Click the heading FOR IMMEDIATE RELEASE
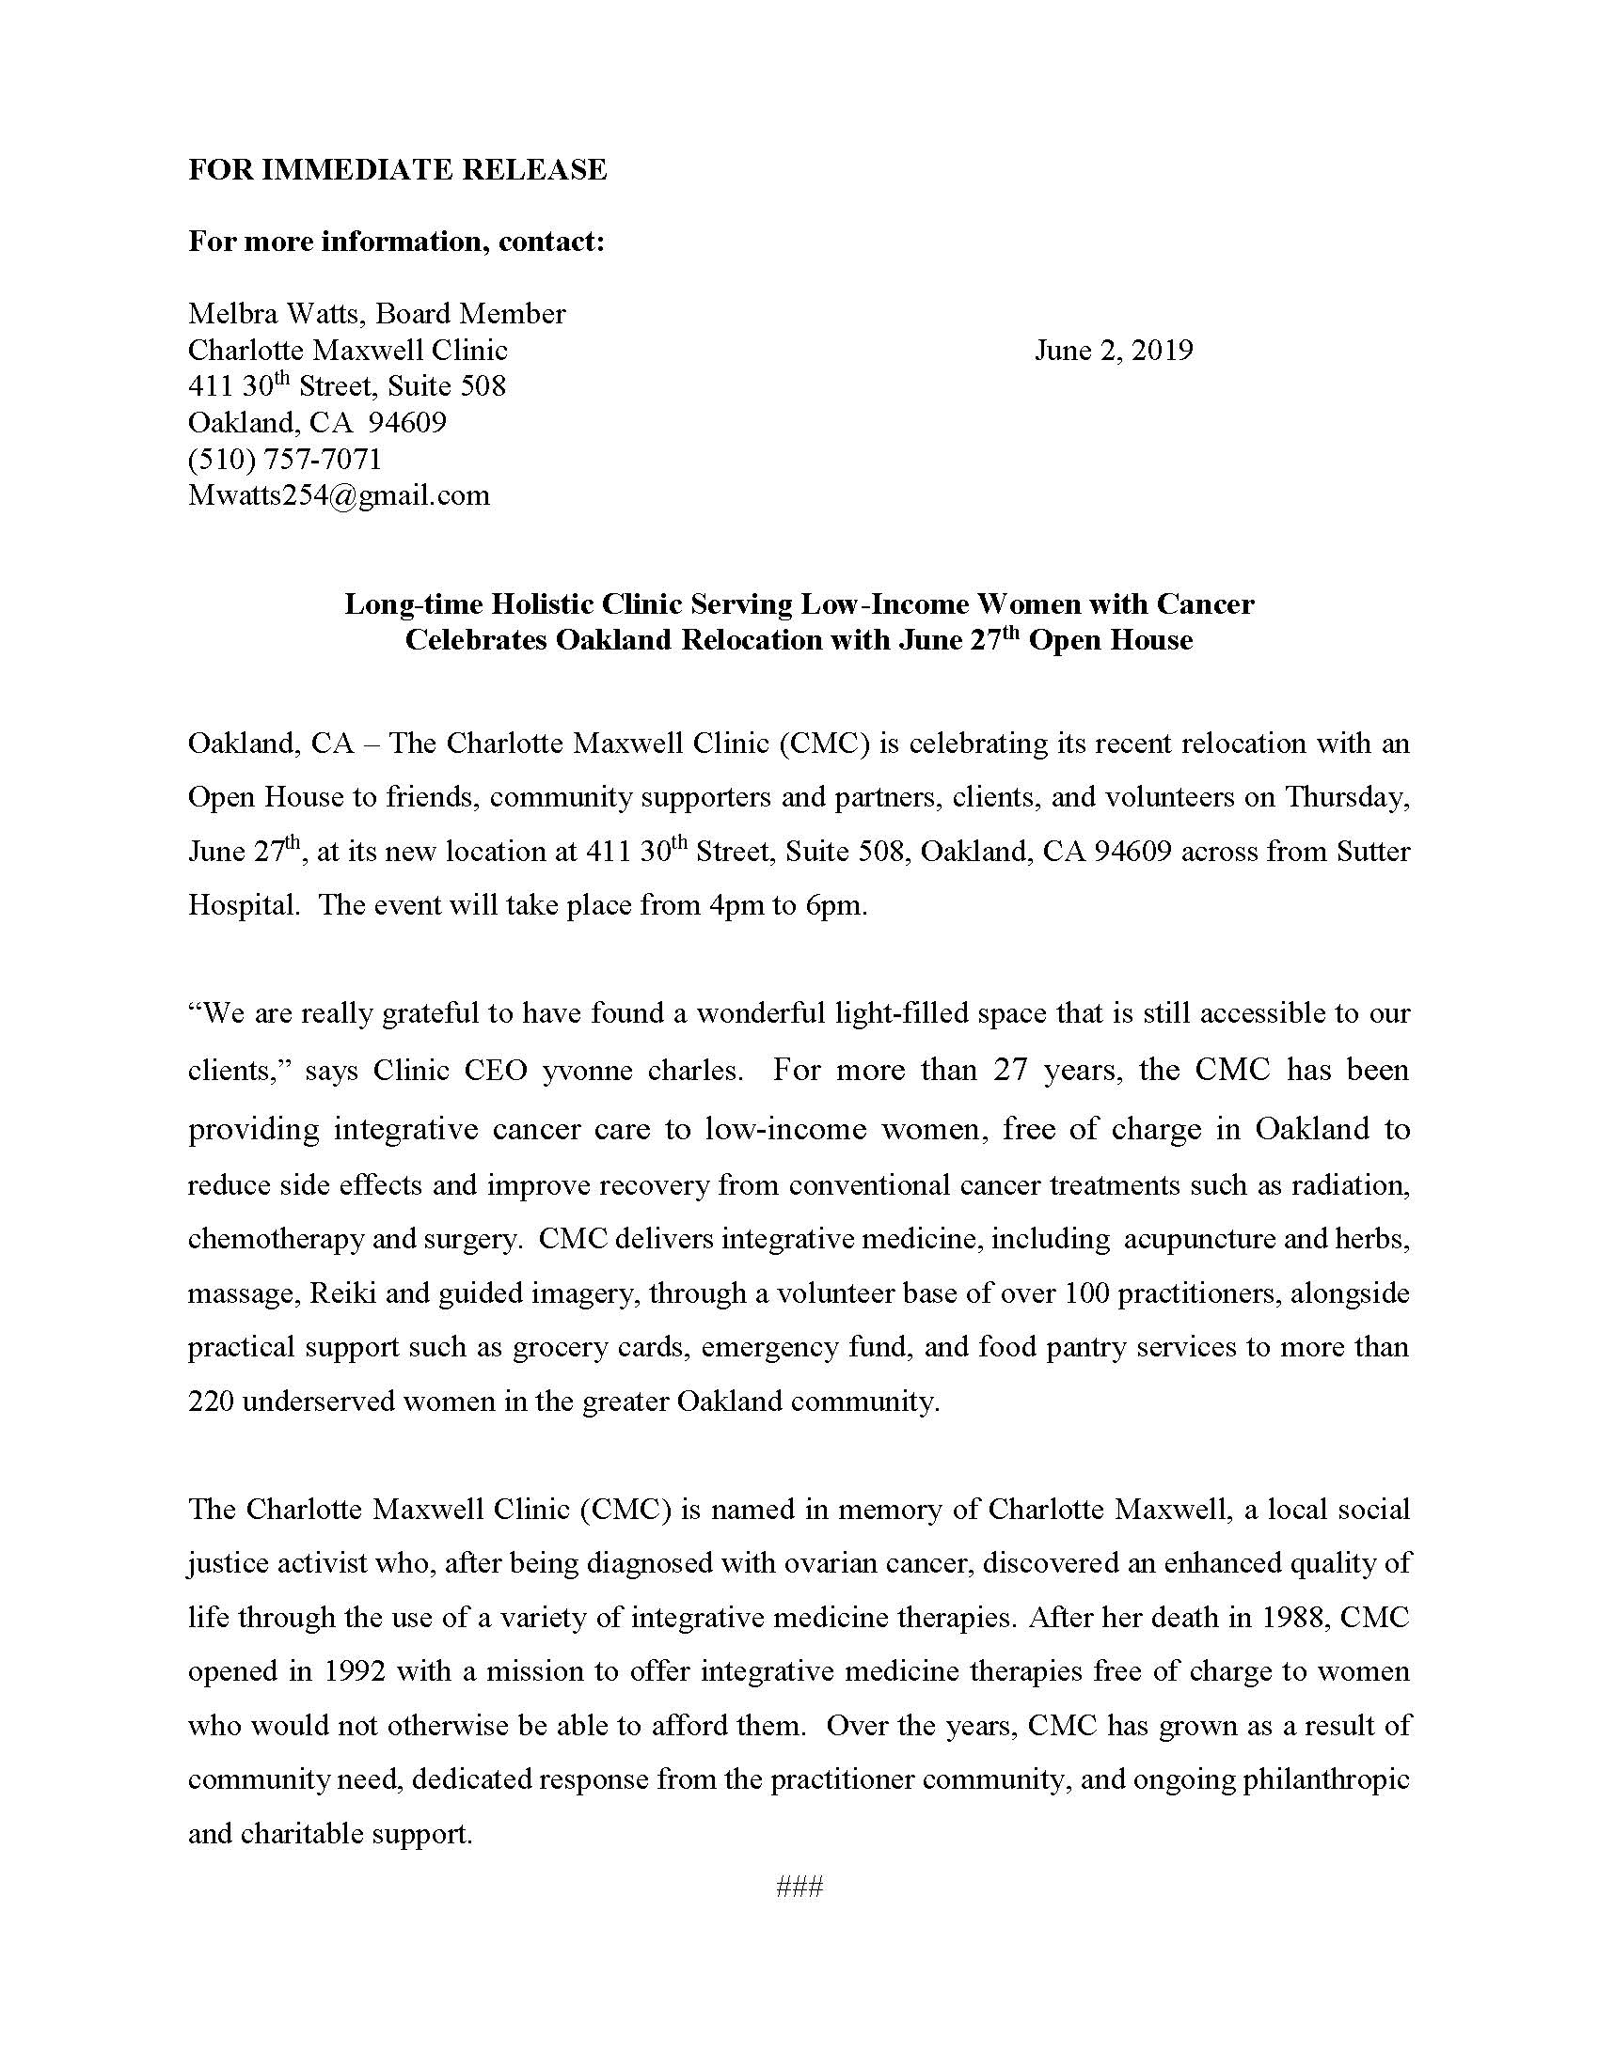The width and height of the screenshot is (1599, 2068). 397,169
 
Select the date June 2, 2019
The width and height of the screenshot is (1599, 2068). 1113,351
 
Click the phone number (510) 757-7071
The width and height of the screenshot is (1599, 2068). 284,460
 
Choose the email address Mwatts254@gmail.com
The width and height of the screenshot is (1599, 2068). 339,495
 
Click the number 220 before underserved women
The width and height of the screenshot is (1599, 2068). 211,1402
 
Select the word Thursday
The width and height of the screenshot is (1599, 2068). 1347,797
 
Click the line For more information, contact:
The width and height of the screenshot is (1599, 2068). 396,242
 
